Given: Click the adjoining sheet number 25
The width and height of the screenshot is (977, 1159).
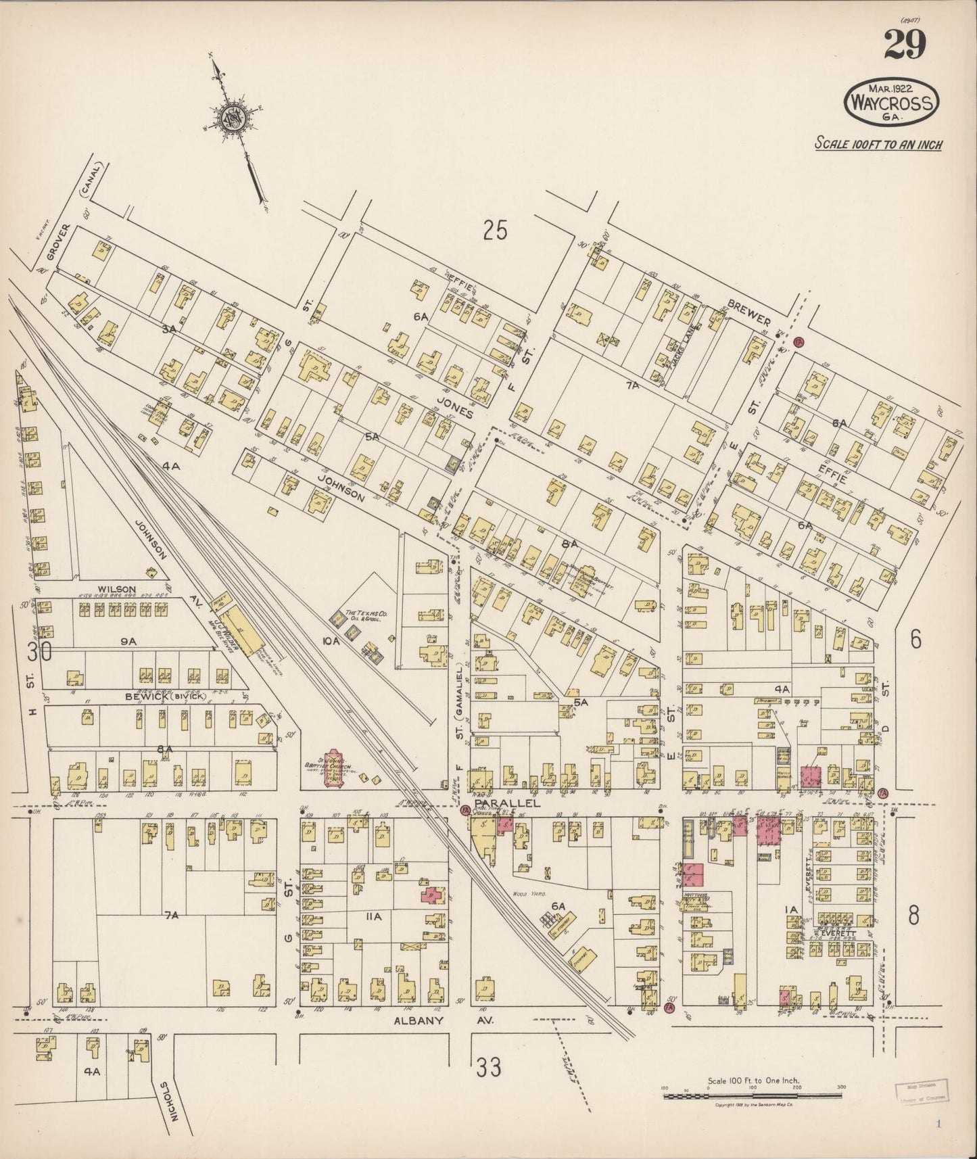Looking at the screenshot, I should coord(495,231).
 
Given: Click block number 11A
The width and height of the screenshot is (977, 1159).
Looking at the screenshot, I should coord(373,916).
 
